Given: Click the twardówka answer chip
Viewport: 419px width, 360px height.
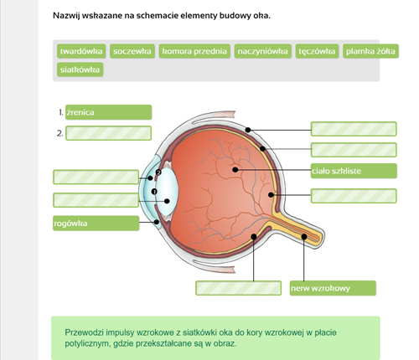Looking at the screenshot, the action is pyautogui.click(x=81, y=51).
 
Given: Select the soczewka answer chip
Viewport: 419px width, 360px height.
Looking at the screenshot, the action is pyautogui.click(x=132, y=51).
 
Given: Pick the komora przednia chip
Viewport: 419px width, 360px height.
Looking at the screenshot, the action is pyautogui.click(x=194, y=51).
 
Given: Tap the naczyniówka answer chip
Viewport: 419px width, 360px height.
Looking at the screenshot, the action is pyautogui.click(x=262, y=51).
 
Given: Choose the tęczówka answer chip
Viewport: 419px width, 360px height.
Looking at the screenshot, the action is pyautogui.click(x=317, y=51).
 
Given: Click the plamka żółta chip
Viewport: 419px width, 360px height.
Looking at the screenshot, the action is pyautogui.click(x=370, y=51).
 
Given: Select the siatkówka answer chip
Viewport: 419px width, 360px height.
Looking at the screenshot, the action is pyautogui.click(x=80, y=69).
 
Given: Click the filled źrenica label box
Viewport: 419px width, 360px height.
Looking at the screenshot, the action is pyautogui.click(x=109, y=112).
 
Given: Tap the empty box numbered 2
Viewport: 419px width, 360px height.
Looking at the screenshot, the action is pyautogui.click(x=109, y=133).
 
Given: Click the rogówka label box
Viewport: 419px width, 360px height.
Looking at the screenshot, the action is pyautogui.click(x=96, y=224).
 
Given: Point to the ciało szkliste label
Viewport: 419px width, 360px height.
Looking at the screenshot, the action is pyautogui.click(x=354, y=171).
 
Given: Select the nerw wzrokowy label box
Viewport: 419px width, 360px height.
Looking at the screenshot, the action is pyautogui.click(x=333, y=288).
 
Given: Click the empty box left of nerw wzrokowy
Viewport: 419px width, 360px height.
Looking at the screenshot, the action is pyautogui.click(x=238, y=288).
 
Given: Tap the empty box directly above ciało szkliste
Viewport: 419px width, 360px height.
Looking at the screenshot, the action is pyautogui.click(x=354, y=150).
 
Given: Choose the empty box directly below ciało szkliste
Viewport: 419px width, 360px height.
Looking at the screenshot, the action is pyautogui.click(x=354, y=196).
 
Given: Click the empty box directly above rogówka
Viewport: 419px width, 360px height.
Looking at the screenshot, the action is pyautogui.click(x=96, y=200).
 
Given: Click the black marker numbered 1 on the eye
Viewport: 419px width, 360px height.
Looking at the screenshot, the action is pyautogui.click(x=154, y=192).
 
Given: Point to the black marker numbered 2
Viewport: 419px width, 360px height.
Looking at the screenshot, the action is pyautogui.click(x=158, y=172).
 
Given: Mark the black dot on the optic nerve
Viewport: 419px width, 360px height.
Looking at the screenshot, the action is pyautogui.click(x=304, y=237).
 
